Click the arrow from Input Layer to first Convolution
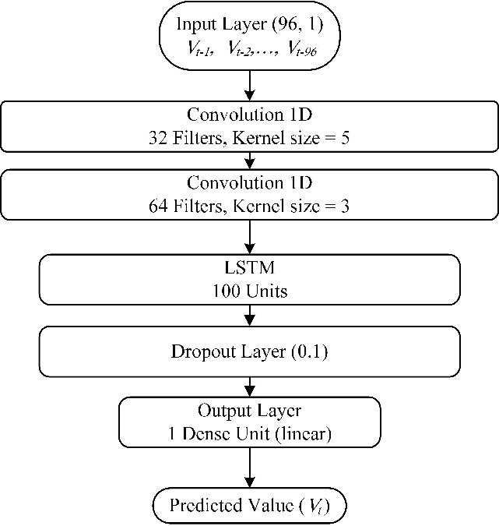click(249, 85)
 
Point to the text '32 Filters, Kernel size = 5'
click(249, 138)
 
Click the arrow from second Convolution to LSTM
click(249, 236)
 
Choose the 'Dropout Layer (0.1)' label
click(249, 351)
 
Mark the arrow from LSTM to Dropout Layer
click(249, 315)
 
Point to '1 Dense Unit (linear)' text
click(249, 433)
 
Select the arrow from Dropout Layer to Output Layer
click(249, 387)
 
